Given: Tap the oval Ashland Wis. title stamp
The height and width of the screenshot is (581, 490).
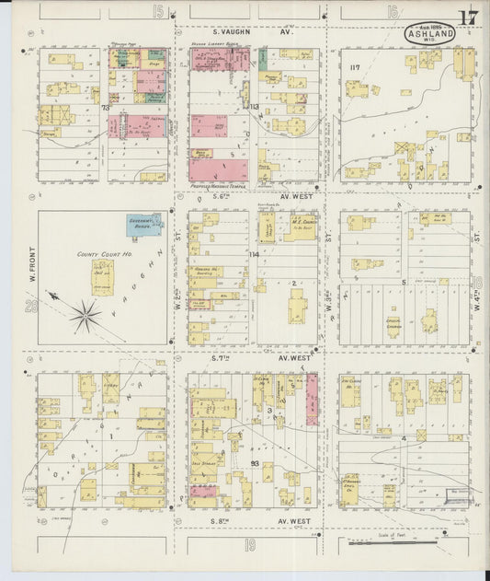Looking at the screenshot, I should pyautogui.click(x=427, y=33).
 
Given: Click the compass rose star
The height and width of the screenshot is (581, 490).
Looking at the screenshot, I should pyautogui.click(x=84, y=316).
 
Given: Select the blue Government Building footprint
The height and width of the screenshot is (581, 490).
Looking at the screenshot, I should pyautogui.click(x=144, y=224).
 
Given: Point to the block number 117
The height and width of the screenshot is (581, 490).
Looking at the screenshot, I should pyautogui.click(x=355, y=67).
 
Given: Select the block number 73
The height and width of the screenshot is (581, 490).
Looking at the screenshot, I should pyautogui.click(x=106, y=108).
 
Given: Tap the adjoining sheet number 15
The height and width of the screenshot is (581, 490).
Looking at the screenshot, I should pyautogui.click(x=159, y=11).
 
